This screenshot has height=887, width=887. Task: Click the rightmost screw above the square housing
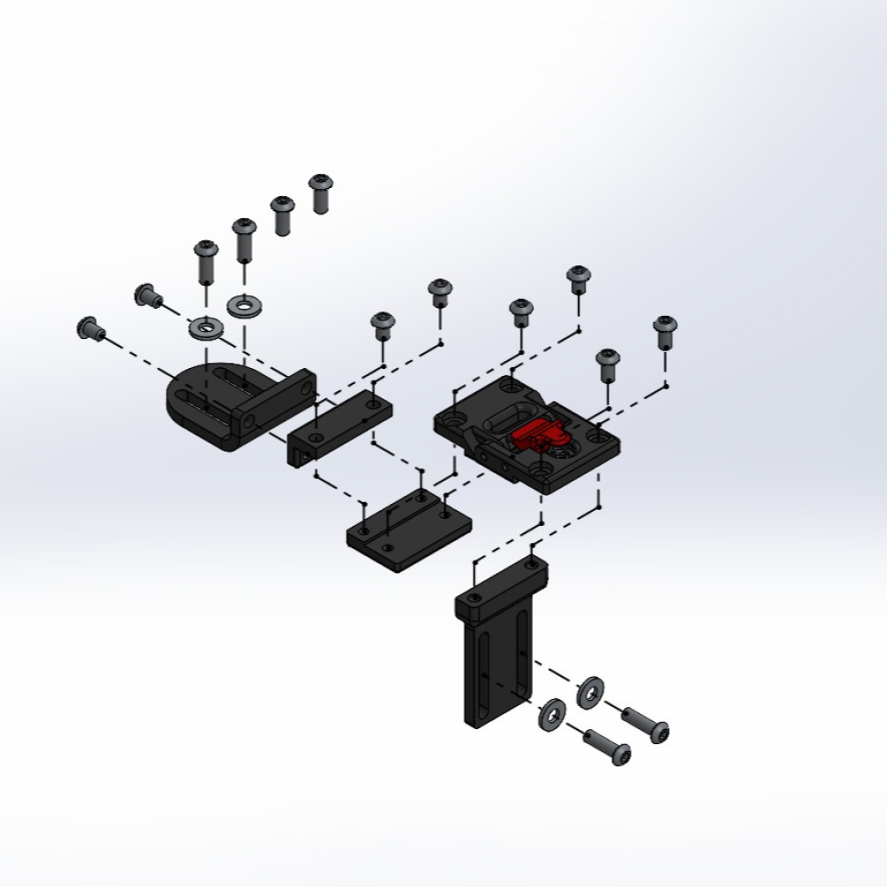(664, 332)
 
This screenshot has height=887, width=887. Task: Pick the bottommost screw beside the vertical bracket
(610, 748)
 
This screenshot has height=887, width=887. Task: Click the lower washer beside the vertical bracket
(551, 714)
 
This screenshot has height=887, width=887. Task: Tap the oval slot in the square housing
(507, 415)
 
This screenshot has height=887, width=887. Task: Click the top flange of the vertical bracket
(501, 589)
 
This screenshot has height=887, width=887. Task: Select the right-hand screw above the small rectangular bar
(439, 294)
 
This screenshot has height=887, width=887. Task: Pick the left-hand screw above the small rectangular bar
(382, 326)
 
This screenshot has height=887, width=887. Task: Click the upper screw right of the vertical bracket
(646, 724)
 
